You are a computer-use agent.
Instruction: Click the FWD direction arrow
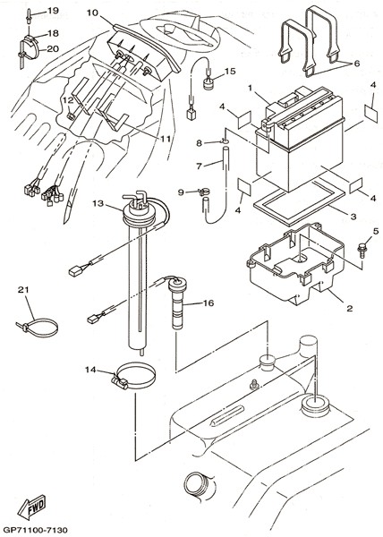(x=31, y=507)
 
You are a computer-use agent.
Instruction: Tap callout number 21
(x=23, y=290)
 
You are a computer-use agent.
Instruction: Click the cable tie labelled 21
(x=37, y=328)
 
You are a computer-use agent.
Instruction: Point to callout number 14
(x=90, y=370)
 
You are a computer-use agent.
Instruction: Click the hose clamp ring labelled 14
(x=134, y=377)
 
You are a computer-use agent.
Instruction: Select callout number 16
(x=209, y=303)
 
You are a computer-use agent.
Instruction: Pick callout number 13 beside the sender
(x=98, y=203)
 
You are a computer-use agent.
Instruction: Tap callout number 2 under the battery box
(x=350, y=308)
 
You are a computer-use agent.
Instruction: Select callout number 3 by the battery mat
(x=353, y=217)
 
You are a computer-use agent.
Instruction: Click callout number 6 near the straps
(x=357, y=64)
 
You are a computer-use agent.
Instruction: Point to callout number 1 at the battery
(x=251, y=89)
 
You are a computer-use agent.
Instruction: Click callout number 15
(x=230, y=71)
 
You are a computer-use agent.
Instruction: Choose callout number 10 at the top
(x=92, y=13)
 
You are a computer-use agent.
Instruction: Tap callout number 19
(x=53, y=11)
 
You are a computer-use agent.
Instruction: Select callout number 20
(x=53, y=49)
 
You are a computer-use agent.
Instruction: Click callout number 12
(x=68, y=100)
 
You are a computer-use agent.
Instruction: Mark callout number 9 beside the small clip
(x=181, y=192)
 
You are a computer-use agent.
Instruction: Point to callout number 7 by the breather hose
(x=200, y=166)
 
